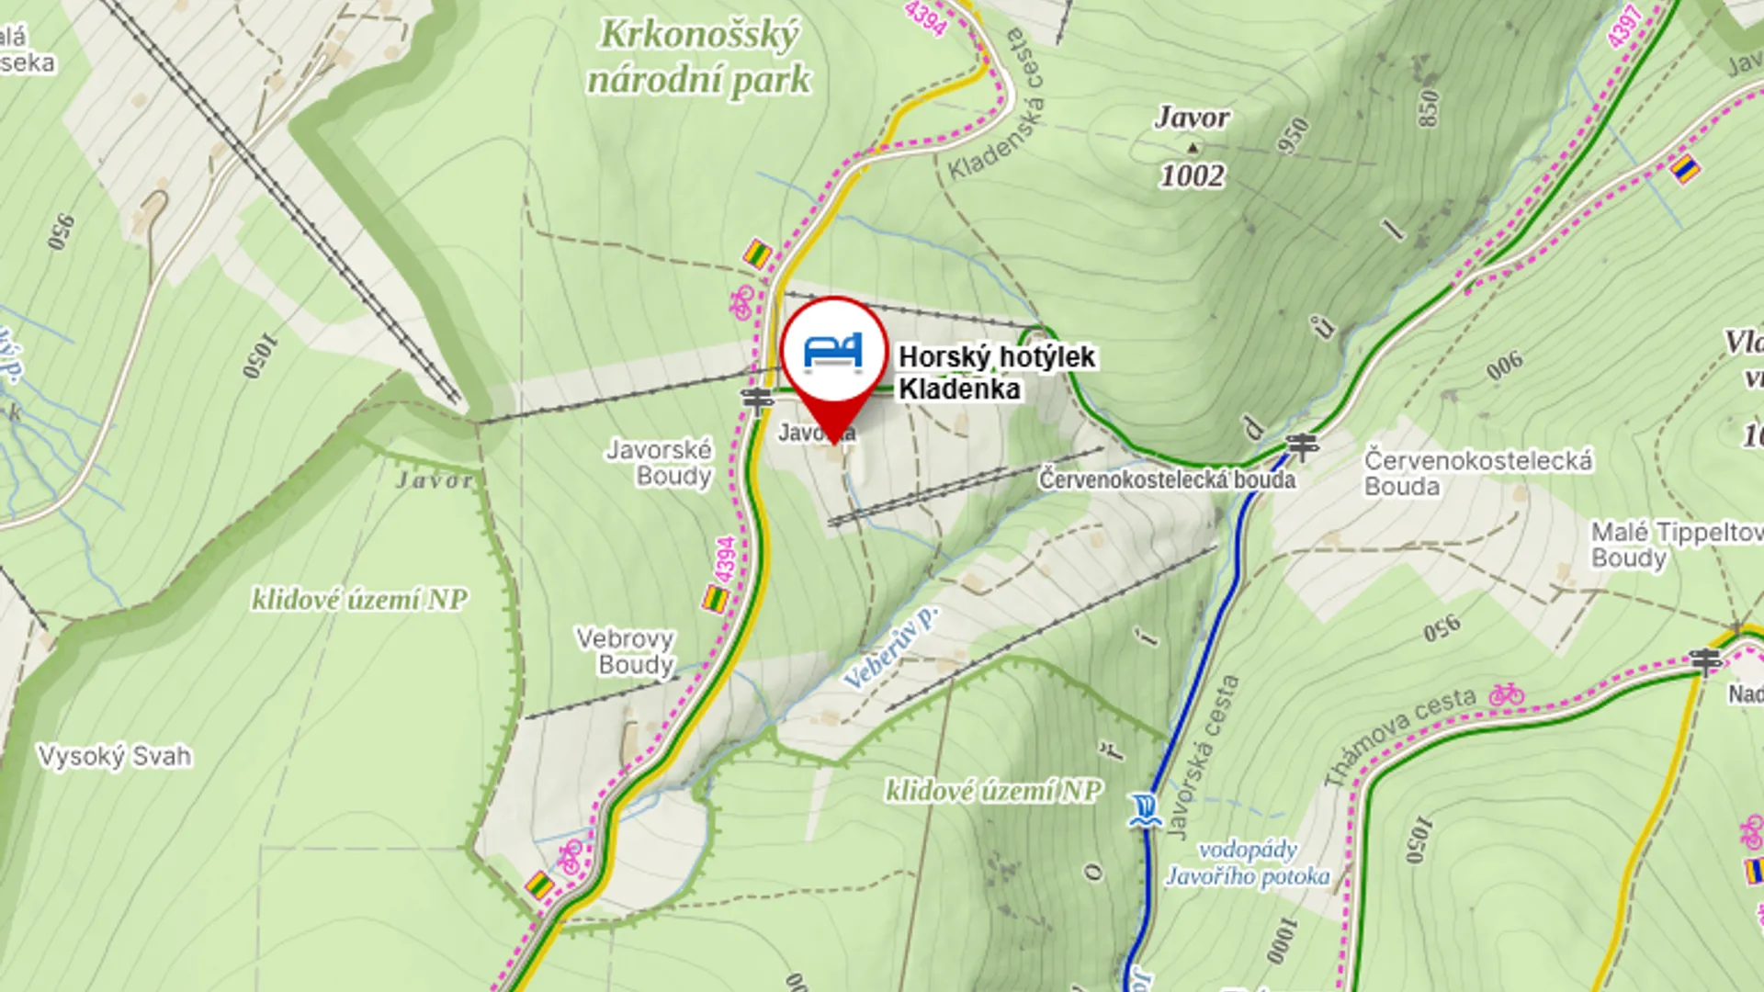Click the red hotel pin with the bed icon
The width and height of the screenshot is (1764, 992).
click(834, 354)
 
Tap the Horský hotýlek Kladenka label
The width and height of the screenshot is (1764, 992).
click(996, 372)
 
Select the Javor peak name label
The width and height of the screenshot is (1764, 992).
click(1192, 118)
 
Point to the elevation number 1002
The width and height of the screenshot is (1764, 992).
click(1192, 175)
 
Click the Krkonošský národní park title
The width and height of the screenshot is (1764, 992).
click(698, 57)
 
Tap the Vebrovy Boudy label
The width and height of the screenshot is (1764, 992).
click(626, 651)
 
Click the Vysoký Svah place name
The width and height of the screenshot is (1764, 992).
click(115, 756)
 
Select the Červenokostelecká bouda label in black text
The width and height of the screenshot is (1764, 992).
click(1167, 479)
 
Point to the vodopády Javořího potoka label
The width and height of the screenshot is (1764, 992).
click(1247, 862)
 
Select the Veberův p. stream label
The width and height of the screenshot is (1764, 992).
click(889, 648)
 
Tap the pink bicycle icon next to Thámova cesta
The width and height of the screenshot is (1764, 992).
click(1507, 693)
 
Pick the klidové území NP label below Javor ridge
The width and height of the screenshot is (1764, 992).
click(359, 600)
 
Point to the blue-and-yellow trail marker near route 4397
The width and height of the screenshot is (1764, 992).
click(1684, 169)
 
